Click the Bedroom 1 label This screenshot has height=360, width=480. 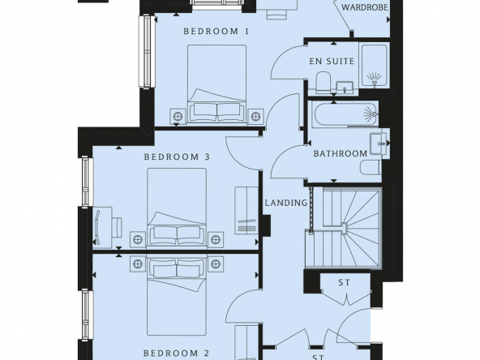[x=216, y=32]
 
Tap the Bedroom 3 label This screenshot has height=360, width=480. [x=177, y=157]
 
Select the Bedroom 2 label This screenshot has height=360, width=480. [x=176, y=353]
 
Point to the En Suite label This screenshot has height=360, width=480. [x=332, y=62]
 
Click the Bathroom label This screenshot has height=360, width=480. [x=340, y=153]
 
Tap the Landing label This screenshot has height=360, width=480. [x=286, y=203]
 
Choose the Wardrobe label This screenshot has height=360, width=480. [x=365, y=7]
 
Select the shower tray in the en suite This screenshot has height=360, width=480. [x=374, y=65]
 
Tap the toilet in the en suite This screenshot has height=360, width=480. [x=323, y=82]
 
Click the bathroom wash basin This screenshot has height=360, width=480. [x=379, y=144]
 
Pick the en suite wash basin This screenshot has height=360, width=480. [x=345, y=88]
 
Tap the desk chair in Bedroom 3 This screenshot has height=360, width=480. [x=116, y=227]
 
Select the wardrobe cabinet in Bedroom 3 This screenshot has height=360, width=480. [x=246, y=210]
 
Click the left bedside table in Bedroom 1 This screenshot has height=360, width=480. [x=178, y=116]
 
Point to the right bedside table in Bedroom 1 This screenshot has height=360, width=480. [x=255, y=116]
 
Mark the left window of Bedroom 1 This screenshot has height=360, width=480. [x=146, y=51]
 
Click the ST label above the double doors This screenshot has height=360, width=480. [x=344, y=282]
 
